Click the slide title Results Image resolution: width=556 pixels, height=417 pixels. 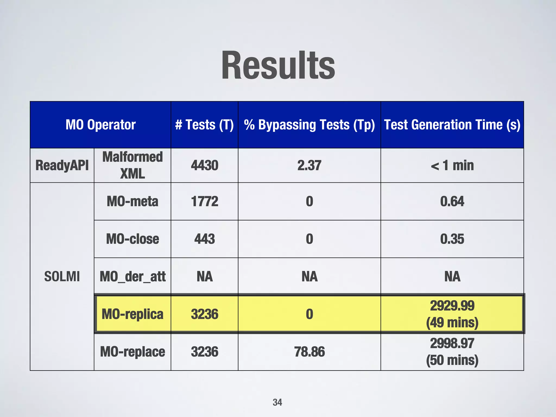pyautogui.click(x=278, y=66)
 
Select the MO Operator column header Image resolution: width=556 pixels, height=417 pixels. pyautogui.click(x=100, y=125)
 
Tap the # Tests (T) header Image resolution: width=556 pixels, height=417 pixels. pyautogui.click(x=204, y=125)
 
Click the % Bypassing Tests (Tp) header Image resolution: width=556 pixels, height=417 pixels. pyautogui.click(x=309, y=125)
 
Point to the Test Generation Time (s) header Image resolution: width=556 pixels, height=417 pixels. pyautogui.click(x=452, y=125)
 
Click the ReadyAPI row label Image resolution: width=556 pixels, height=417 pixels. pyautogui.click(x=62, y=165)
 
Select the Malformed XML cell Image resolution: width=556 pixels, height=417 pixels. pyautogui.click(x=132, y=165)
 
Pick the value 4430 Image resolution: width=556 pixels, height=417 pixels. pyautogui.click(x=204, y=165)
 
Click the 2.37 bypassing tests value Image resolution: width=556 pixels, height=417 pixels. pyautogui.click(x=309, y=165)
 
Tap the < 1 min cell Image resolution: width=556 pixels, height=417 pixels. pyautogui.click(x=452, y=165)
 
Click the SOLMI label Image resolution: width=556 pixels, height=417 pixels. pyautogui.click(x=62, y=277)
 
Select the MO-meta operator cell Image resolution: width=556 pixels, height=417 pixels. pyautogui.click(x=132, y=201)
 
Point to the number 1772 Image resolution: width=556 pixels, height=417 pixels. pyautogui.click(x=204, y=201)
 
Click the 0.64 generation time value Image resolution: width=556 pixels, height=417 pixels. pyautogui.click(x=452, y=201)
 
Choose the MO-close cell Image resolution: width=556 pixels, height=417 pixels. pyautogui.click(x=132, y=239)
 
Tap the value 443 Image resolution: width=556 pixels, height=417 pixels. pyautogui.click(x=204, y=239)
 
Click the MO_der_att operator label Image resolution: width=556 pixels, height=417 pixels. pyautogui.click(x=132, y=277)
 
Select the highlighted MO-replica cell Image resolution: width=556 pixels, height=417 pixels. pyautogui.click(x=132, y=314)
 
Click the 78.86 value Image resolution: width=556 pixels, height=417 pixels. pyautogui.click(x=309, y=352)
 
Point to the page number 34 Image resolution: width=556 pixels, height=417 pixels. pyautogui.click(x=277, y=402)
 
